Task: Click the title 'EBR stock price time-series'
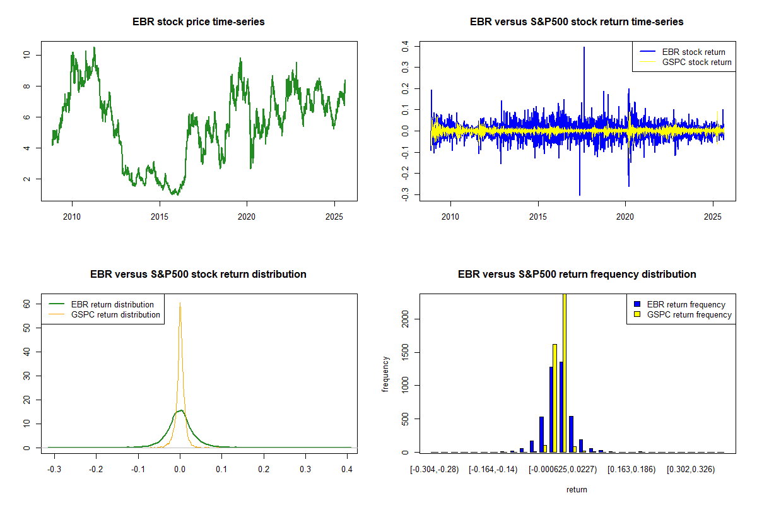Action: pos(198,22)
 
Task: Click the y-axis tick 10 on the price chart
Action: pos(26,55)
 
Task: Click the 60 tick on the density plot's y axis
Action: pos(26,304)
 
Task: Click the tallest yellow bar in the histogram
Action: pos(564,372)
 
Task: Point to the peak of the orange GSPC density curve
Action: pos(180,304)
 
